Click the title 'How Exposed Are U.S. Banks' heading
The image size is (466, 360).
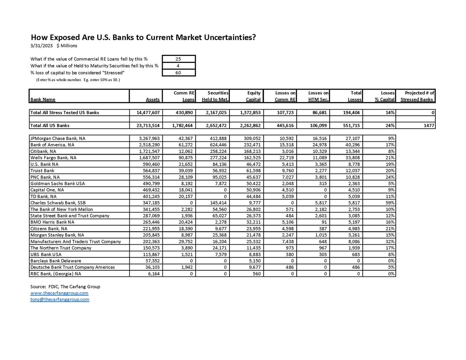coord(143,38)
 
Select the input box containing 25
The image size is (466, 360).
coord(179,59)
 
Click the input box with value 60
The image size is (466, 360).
coord(179,73)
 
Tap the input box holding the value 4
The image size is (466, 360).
coord(179,66)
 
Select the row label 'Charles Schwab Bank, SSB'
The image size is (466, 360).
coord(55,203)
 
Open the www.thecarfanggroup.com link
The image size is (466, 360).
coord(59,293)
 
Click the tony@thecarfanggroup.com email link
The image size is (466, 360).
coord(59,299)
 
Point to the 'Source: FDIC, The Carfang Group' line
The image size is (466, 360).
coord(65,287)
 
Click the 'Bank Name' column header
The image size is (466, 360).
coord(43,99)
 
